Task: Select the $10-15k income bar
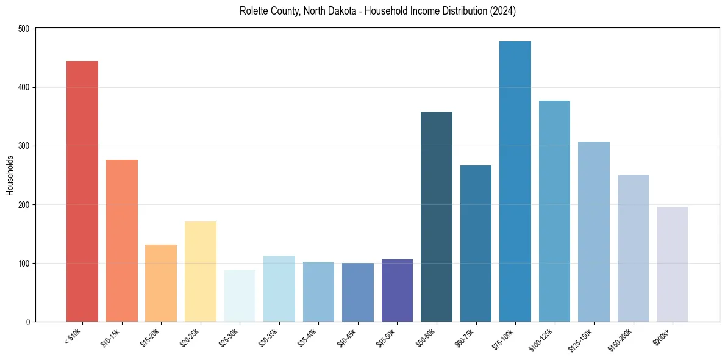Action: [x=122, y=240]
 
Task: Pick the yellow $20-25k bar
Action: [x=201, y=272]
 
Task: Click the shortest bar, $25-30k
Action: [x=240, y=296]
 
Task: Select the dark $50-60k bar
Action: [x=437, y=217]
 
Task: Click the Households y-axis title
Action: [x=10, y=175]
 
